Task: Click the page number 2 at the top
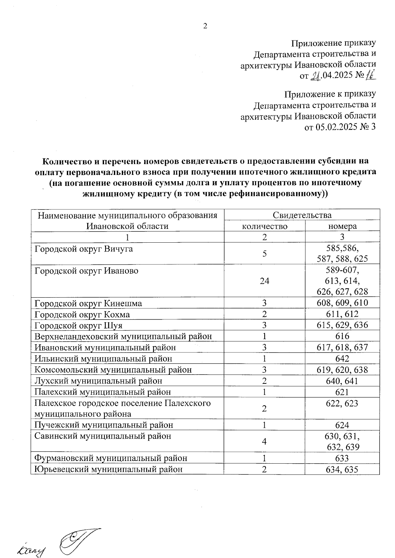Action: [x=205, y=26]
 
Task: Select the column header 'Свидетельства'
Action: [x=302, y=215]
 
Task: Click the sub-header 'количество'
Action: [x=264, y=226]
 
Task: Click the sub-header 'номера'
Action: [x=342, y=226]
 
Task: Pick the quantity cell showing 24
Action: [x=264, y=281]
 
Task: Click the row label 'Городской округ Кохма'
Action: [x=82, y=314]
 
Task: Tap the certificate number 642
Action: [x=342, y=358]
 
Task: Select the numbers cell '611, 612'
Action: [x=342, y=314]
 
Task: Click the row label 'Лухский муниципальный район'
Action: [x=98, y=381]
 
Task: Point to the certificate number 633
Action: [x=342, y=458]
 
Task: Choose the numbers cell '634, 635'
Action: [x=342, y=469]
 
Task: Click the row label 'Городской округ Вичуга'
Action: [x=84, y=249]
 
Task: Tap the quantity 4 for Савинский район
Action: [x=264, y=441]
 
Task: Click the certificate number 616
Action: [x=342, y=336]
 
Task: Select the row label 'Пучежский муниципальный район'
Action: [x=104, y=425]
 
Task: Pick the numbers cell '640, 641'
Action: [x=342, y=381]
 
